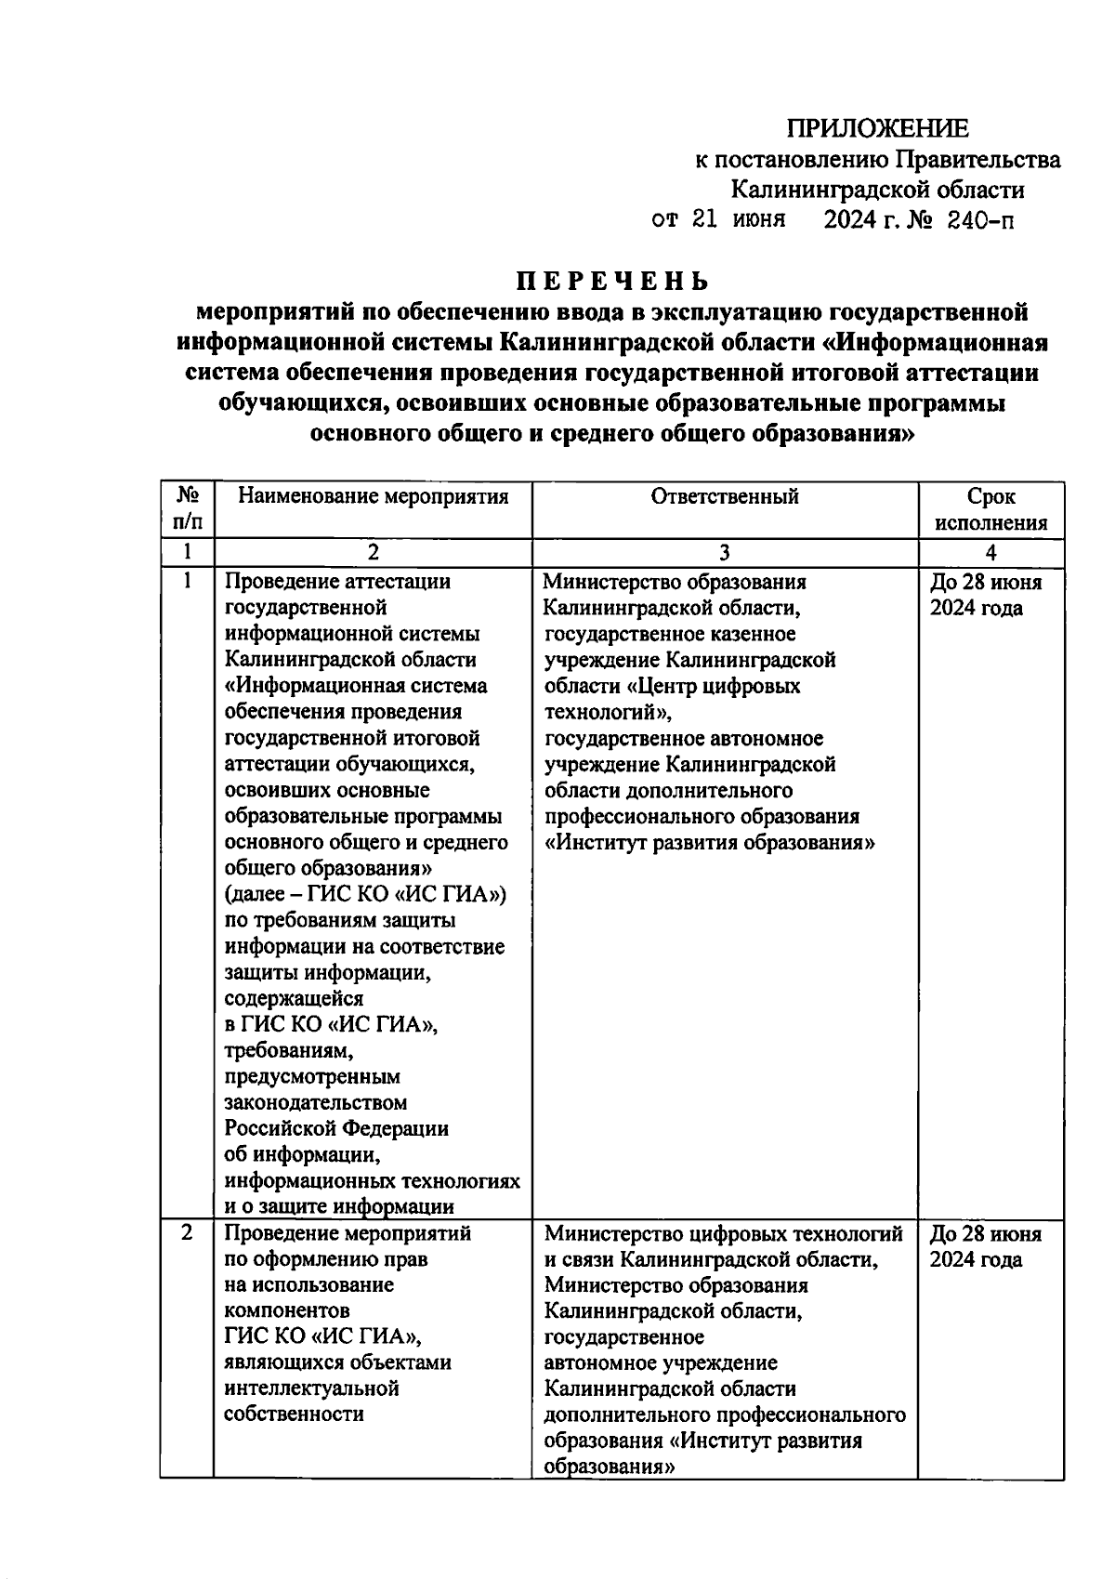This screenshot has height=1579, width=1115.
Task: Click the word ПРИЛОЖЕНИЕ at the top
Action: (877, 128)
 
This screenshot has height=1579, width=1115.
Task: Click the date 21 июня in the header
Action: (733, 220)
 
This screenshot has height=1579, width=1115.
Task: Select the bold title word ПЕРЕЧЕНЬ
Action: (612, 281)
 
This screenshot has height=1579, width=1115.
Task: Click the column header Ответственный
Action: (724, 496)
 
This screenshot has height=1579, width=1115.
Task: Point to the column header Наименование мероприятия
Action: (373, 496)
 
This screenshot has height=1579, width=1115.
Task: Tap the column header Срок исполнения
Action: (990, 509)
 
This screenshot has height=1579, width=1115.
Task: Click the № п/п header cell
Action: (187, 509)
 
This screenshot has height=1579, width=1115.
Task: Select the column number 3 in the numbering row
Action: (724, 553)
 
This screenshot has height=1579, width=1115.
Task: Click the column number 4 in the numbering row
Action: (990, 553)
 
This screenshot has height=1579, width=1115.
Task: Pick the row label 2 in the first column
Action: (187, 1233)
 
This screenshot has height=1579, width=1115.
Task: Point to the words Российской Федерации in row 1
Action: (336, 1128)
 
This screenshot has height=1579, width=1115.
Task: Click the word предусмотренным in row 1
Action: (312, 1076)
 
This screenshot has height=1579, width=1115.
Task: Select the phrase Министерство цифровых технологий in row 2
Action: (723, 1233)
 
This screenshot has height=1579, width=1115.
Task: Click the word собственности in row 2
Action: (294, 1415)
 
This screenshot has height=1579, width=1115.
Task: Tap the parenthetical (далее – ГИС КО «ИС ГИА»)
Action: (366, 894)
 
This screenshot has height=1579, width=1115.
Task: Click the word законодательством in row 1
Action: (316, 1102)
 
